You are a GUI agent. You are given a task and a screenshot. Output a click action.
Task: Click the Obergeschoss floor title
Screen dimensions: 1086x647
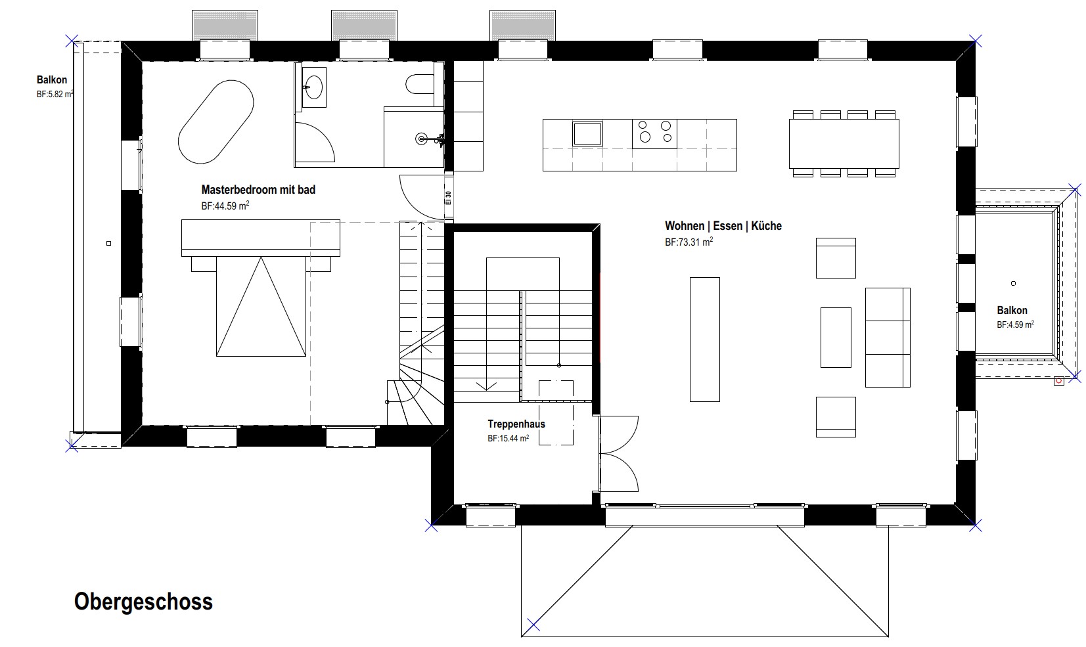(143, 602)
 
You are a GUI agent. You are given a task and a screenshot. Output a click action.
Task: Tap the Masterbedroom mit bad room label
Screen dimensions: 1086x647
(258, 189)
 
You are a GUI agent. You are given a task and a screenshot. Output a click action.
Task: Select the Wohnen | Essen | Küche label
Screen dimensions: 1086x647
(723, 226)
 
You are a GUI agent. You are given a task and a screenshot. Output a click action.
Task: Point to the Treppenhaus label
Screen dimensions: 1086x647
(516, 424)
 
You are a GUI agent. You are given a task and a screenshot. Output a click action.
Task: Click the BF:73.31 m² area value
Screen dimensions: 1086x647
(689, 242)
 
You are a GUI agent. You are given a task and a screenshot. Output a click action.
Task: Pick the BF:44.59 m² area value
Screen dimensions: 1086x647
(225, 206)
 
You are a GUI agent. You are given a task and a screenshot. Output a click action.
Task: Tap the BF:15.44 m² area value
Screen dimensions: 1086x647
(508, 438)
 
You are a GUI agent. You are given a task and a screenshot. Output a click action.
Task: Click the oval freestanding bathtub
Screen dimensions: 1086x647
(215, 122)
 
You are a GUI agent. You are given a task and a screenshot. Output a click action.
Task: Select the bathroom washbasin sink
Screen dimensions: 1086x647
(314, 87)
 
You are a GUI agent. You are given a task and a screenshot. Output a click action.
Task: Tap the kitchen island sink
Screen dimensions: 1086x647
(587, 134)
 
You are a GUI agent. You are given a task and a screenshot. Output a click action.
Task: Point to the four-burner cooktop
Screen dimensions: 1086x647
(654, 134)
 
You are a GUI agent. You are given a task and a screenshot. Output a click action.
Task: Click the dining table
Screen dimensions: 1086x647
(844, 143)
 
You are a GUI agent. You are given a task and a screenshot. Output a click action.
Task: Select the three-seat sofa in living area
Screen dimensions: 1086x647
(888, 338)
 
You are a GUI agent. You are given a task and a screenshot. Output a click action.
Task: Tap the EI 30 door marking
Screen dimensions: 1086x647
(449, 198)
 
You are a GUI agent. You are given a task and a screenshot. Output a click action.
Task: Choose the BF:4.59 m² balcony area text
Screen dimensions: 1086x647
(1015, 324)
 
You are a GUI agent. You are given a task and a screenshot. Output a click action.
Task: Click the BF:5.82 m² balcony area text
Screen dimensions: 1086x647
(55, 94)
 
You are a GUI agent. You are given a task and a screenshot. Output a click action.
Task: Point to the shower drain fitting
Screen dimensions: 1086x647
(421, 139)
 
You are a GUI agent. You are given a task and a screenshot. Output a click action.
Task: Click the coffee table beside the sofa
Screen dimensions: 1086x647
(836, 338)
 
